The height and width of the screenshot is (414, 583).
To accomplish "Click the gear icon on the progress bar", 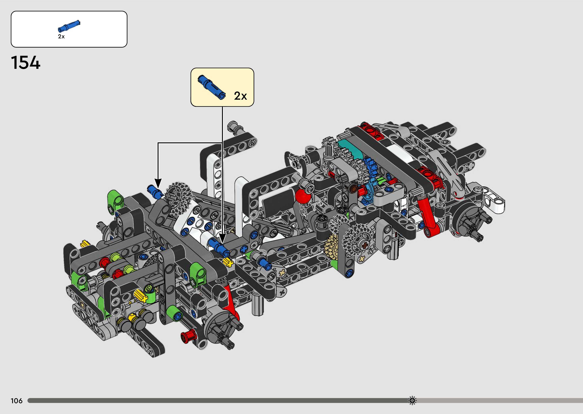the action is pos(412,400).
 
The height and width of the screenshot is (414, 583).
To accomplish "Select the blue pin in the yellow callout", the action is pos(212,87).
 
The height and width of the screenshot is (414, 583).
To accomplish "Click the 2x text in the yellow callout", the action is pos(240,96).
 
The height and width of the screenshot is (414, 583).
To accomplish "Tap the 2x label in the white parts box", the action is pos(61,37).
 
